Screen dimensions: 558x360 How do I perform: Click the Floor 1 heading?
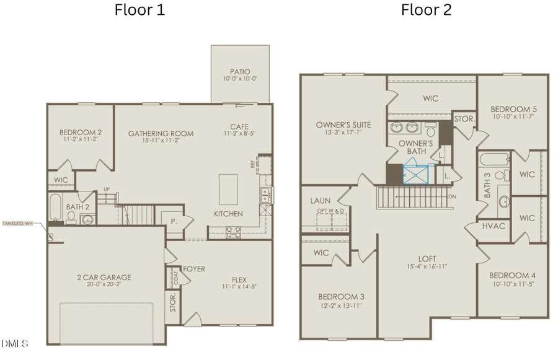click(x=139, y=11)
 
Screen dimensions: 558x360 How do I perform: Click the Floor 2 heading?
click(x=426, y=11)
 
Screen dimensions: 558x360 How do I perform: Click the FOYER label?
click(x=193, y=269)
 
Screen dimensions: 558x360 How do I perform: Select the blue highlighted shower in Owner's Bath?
click(x=415, y=174)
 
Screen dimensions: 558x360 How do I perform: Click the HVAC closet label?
click(x=494, y=226)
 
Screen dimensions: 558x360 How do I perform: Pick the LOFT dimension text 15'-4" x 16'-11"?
click(x=423, y=266)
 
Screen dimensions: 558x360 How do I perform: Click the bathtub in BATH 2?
click(x=55, y=207)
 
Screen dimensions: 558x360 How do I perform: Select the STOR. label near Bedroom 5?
click(x=464, y=119)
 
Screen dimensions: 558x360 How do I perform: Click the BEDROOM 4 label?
click(x=512, y=275)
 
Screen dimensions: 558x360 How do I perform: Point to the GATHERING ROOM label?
click(x=161, y=133)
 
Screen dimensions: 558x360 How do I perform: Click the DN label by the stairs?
click(x=452, y=197)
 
